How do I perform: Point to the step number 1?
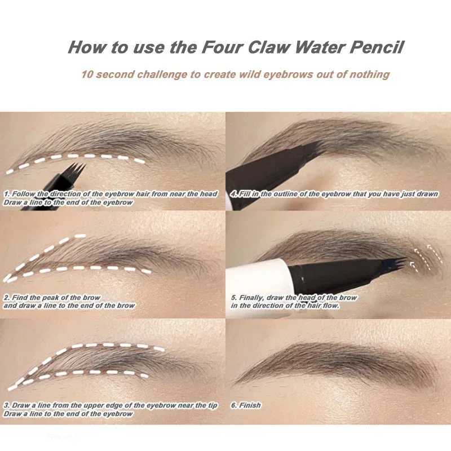tap(6, 194)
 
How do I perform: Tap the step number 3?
tap(6, 405)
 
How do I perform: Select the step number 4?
tap(233, 194)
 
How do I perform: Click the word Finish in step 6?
tap(250, 405)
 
